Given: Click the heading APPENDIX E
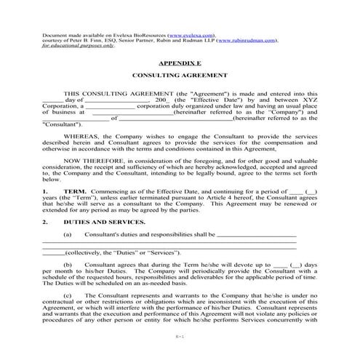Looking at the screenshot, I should click(180, 64).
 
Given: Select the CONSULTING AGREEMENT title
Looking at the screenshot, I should click(180, 76).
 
